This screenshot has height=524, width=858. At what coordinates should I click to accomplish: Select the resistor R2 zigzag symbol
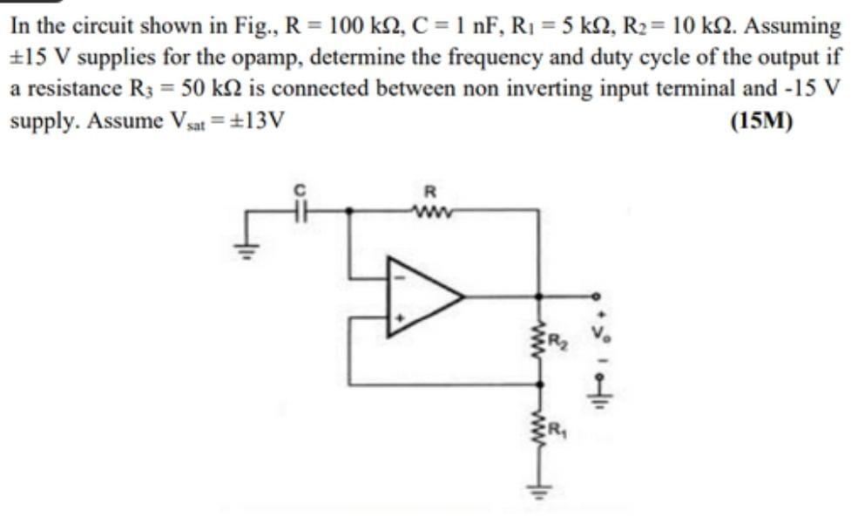544,339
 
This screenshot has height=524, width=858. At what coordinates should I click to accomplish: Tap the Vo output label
598,333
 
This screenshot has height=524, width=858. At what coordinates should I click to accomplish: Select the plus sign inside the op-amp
400,319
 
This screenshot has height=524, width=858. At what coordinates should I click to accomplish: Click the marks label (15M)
762,119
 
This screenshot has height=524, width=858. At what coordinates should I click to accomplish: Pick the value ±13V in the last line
251,119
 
